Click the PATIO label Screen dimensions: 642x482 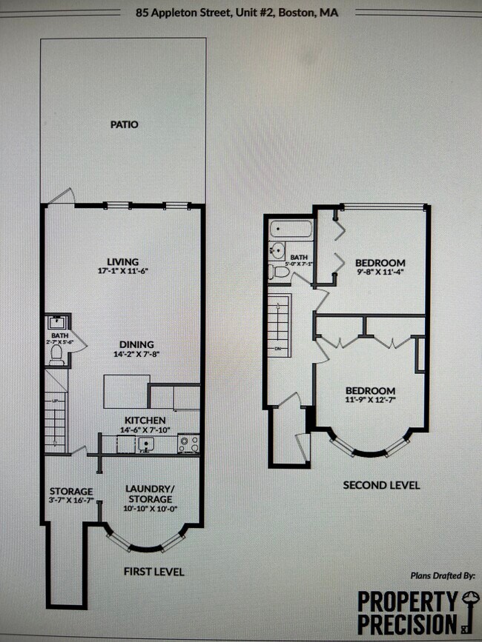coord(125,124)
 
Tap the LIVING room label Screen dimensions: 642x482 coord(123,261)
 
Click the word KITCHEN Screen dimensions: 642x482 coord(145,420)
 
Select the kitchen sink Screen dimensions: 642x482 coord(146,444)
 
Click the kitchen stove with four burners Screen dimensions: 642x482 coord(188,444)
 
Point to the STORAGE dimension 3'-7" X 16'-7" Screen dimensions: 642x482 coord(71,501)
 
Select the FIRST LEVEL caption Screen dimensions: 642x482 coord(154,572)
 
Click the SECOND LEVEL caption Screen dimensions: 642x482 coord(381,485)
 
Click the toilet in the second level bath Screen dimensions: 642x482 coord(281,272)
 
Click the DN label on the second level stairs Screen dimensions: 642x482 coord(278,349)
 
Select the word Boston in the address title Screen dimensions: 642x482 coord(299,13)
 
